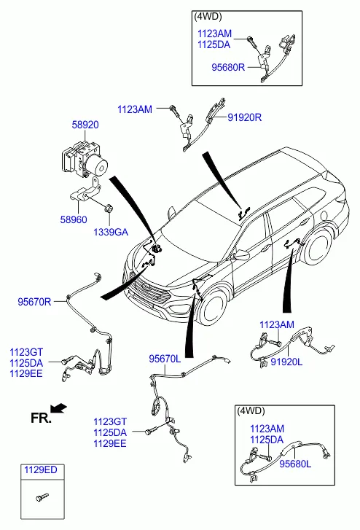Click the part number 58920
[x=85, y=125]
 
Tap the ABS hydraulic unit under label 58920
[x=85, y=159]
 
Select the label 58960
[x=74, y=219]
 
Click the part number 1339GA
[x=111, y=233]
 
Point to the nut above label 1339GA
[x=109, y=209]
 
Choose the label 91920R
[x=244, y=117]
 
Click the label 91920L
[x=286, y=362]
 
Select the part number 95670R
[x=34, y=302]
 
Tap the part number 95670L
[x=165, y=359]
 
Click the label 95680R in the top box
[x=228, y=67]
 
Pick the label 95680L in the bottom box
[x=295, y=464]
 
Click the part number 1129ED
[x=41, y=469]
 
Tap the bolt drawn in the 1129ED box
[x=42, y=497]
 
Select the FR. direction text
[x=41, y=418]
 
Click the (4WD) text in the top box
[x=208, y=17]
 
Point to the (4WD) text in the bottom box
[x=251, y=411]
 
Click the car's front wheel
[x=213, y=308]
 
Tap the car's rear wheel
[x=318, y=246]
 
